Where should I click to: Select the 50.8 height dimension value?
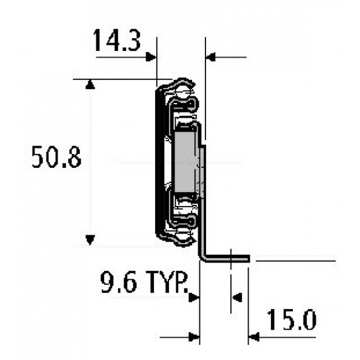tap(56, 158)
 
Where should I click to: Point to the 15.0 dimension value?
tap(291, 320)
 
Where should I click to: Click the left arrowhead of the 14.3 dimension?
tap(151, 56)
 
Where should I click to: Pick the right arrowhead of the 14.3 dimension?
tap(211, 56)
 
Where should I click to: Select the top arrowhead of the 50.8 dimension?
tap(90, 84)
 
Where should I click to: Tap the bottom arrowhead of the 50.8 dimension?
tap(90, 240)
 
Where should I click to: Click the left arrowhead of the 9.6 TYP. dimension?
tap(194, 297)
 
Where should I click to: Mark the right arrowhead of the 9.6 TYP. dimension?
tap(236, 297)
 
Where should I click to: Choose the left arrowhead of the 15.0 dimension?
tap(194, 336)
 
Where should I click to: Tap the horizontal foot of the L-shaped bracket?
tap(230, 258)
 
